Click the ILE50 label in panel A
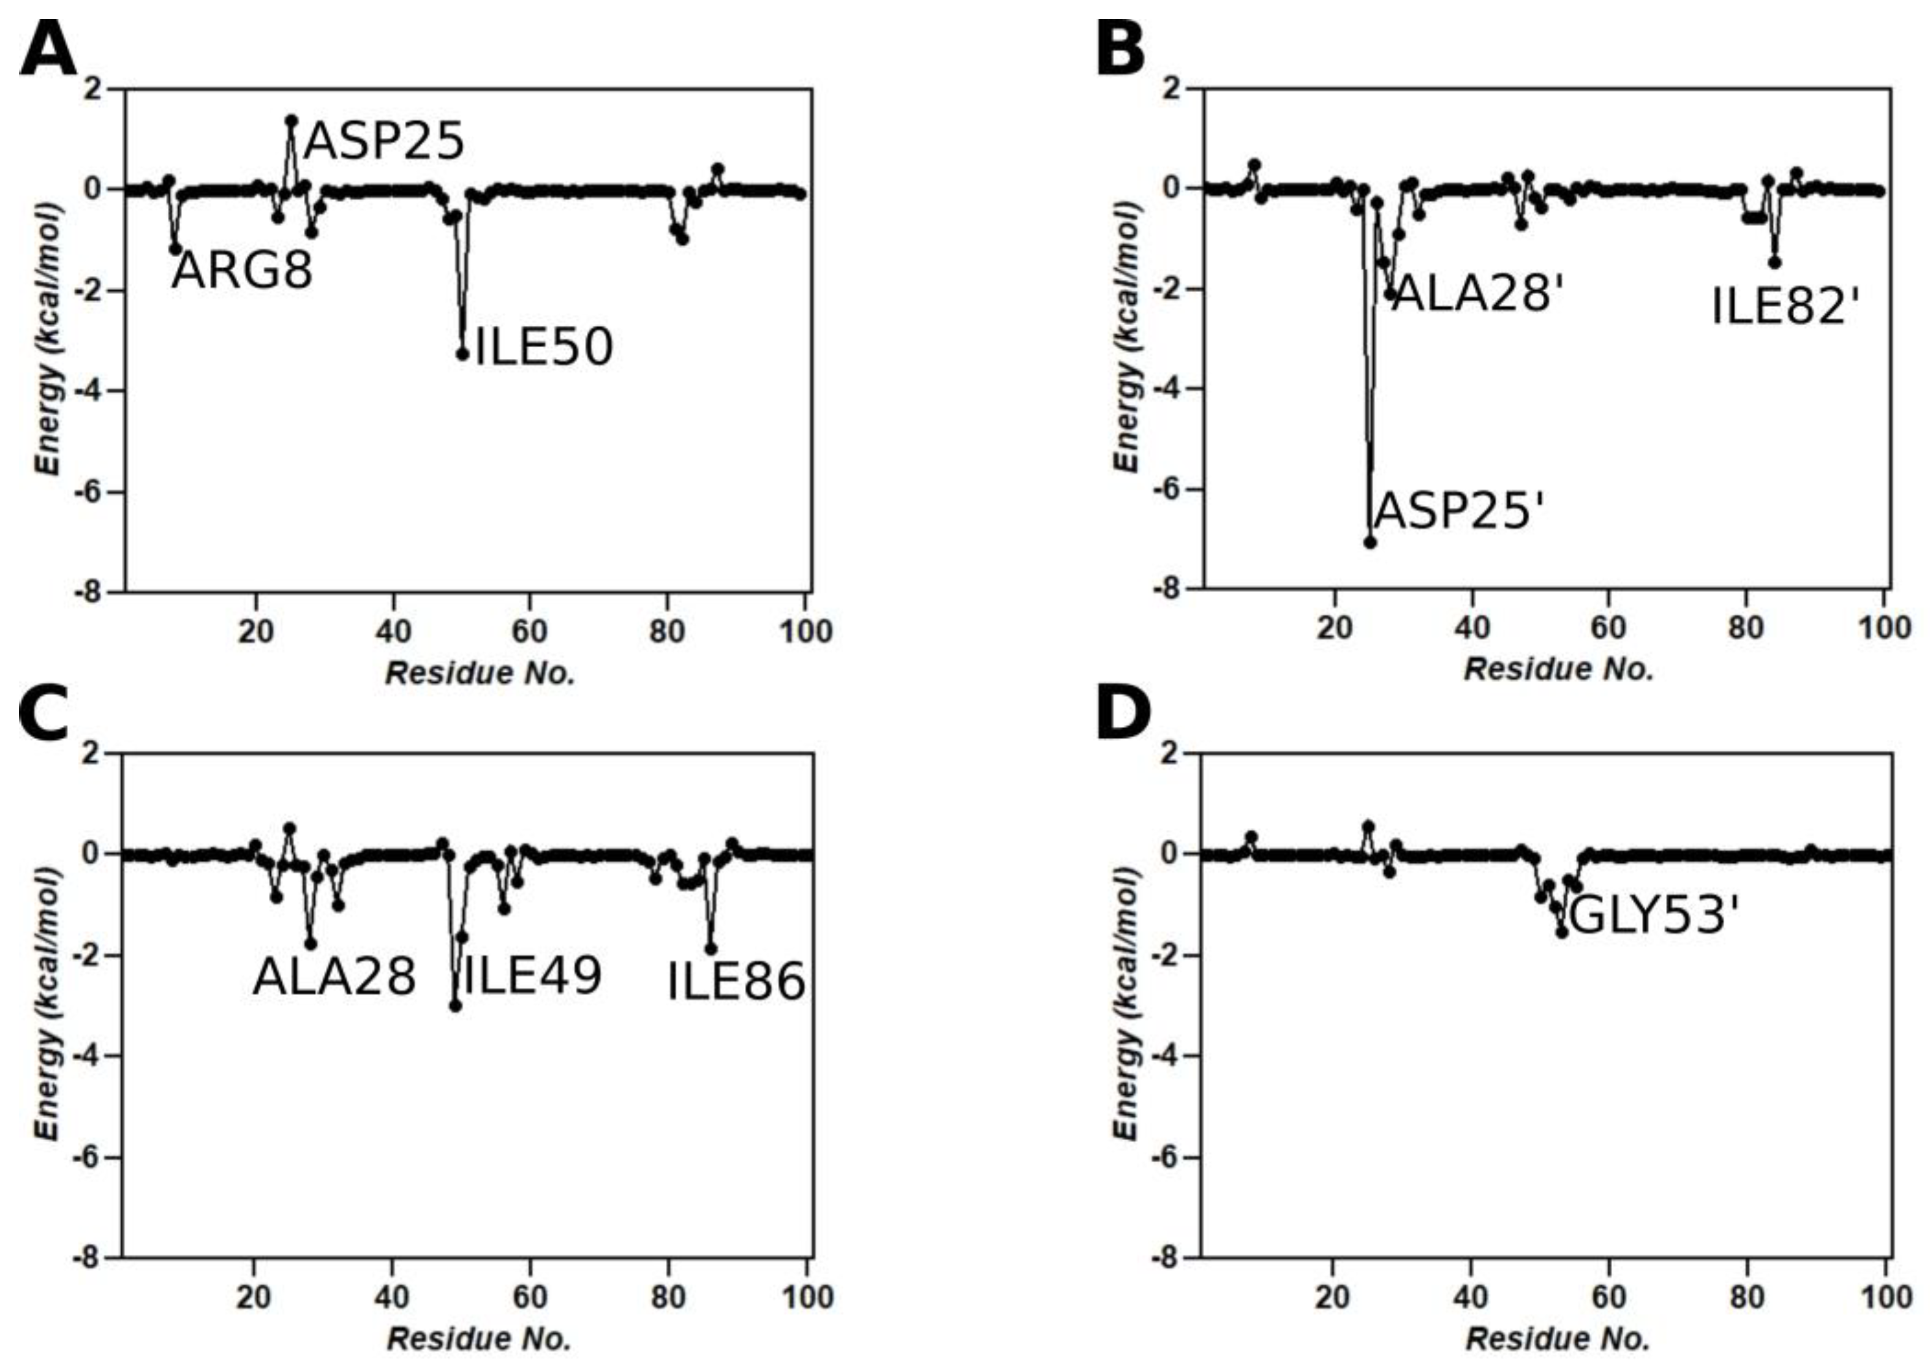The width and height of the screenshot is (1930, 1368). [x=543, y=347]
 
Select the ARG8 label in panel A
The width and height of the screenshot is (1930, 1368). [x=242, y=271]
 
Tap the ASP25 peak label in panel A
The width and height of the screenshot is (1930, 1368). [x=383, y=141]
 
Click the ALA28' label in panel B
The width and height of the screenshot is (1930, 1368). [x=1477, y=295]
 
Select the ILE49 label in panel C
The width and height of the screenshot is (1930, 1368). [x=532, y=976]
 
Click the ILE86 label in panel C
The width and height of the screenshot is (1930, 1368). [x=736, y=983]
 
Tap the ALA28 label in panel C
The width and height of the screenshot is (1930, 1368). [x=334, y=978]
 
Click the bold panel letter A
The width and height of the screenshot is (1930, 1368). [x=48, y=51]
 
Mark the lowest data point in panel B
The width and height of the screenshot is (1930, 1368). [x=1370, y=543]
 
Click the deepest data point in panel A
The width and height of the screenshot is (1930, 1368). [x=462, y=355]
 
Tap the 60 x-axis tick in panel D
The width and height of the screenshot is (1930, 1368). [x=1608, y=1296]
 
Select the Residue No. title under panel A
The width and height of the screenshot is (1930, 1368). [x=480, y=673]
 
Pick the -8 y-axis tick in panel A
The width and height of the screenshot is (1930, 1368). [x=94, y=592]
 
